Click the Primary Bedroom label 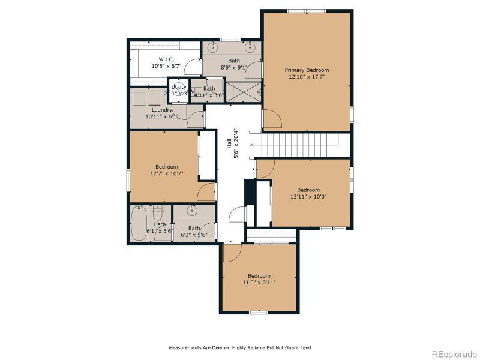click(x=307, y=70)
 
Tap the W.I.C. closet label click(x=166, y=59)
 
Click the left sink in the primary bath click(x=214, y=47)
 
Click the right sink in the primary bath click(x=251, y=47)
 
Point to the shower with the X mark click(x=244, y=92)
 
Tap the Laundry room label click(x=162, y=110)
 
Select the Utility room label click(x=179, y=87)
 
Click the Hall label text click(x=229, y=144)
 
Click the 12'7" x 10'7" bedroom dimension click(x=166, y=173)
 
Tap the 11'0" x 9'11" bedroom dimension click(x=259, y=282)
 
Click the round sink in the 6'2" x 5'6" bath click(x=193, y=211)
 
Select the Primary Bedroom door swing click(x=272, y=119)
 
